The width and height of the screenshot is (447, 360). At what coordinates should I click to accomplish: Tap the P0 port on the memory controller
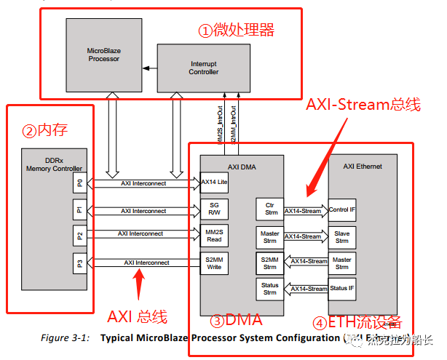79,183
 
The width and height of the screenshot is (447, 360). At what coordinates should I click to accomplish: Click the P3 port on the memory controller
79,263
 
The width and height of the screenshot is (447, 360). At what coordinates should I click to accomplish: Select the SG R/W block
214,210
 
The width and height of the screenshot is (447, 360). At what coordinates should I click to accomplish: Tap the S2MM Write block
214,262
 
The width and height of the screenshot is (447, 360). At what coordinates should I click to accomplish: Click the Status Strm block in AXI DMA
269,289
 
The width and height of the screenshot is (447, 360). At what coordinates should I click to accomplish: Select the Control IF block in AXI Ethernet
342,210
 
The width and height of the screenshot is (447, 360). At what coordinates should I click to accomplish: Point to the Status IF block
342,289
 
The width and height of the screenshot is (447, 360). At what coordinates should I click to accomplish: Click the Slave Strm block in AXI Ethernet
342,236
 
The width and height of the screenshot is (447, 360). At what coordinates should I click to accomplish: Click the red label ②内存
47,132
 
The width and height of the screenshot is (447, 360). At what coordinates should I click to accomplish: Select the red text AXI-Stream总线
365,104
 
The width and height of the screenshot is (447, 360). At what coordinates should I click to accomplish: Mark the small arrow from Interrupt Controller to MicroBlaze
149,68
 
